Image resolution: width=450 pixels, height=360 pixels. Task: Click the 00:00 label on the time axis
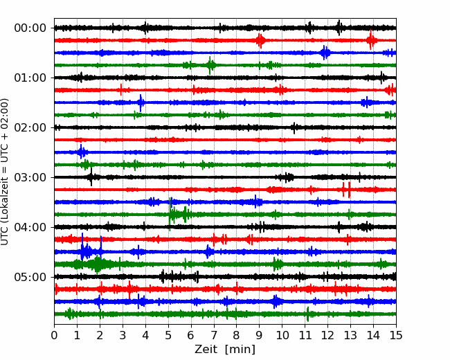pyautogui.click(x=30, y=28)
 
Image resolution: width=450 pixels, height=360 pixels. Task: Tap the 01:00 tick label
pyautogui.click(x=30, y=78)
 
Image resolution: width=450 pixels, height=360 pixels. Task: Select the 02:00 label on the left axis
pyautogui.click(x=30, y=127)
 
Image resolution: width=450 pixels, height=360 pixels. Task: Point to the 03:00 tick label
pyautogui.click(x=30, y=177)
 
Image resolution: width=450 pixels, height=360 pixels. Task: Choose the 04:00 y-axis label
pyautogui.click(x=30, y=227)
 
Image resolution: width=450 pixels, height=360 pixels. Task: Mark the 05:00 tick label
pyautogui.click(x=30, y=277)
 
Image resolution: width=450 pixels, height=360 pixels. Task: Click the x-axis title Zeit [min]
pyautogui.click(x=225, y=350)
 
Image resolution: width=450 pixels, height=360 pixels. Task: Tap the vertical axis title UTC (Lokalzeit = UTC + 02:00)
pyautogui.click(x=5, y=172)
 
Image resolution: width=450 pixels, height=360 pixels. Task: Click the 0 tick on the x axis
pyautogui.click(x=54, y=335)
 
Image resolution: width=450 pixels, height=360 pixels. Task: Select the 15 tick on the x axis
pyautogui.click(x=396, y=335)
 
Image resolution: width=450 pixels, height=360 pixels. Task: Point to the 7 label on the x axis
pyautogui.click(x=214, y=335)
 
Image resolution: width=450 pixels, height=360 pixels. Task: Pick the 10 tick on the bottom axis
pyautogui.click(x=282, y=335)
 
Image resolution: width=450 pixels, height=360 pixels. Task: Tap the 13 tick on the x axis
pyautogui.click(x=350, y=335)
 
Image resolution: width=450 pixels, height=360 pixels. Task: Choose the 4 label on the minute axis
pyautogui.click(x=145, y=335)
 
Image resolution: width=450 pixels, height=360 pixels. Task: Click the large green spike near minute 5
pyautogui.click(x=170, y=214)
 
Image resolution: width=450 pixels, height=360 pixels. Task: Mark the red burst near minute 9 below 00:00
pyautogui.click(x=260, y=40)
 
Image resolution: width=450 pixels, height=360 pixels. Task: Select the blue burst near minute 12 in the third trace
pyautogui.click(x=325, y=53)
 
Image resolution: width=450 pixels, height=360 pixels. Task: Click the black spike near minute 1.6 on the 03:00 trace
pyautogui.click(x=91, y=177)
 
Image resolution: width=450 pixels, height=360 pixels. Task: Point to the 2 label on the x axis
pyautogui.click(x=100, y=335)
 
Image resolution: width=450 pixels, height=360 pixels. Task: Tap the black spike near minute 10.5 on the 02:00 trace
pyautogui.click(x=294, y=128)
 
